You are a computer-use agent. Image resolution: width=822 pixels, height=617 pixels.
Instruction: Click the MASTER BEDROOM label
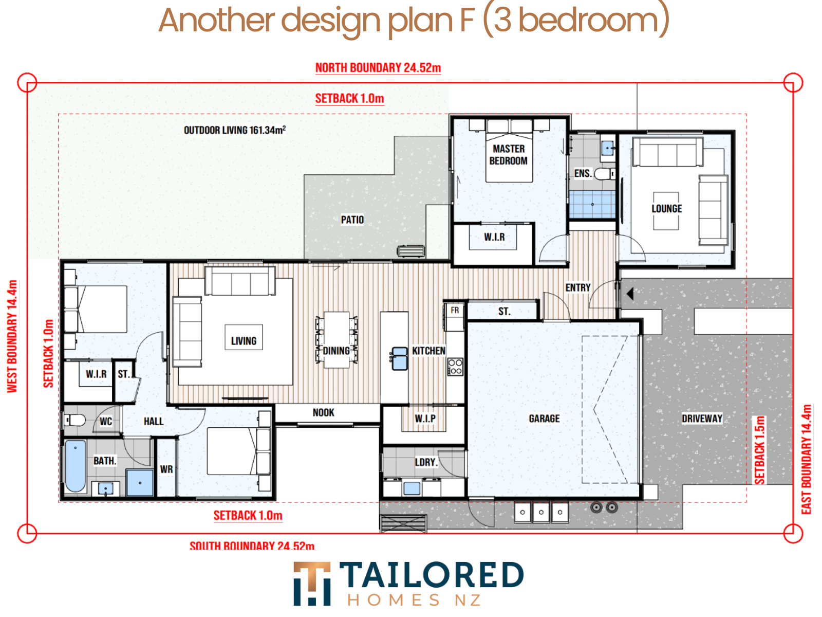(x=508, y=155)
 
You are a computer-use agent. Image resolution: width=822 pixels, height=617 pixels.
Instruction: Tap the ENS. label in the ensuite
(x=583, y=173)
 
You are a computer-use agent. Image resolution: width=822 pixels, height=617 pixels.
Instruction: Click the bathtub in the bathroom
(x=76, y=466)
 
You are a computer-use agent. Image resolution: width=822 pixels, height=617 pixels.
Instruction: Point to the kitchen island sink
(x=399, y=358)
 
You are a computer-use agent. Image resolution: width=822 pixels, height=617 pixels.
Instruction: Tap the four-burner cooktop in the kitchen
(x=455, y=367)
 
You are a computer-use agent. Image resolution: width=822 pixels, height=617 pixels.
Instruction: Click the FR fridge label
(x=455, y=310)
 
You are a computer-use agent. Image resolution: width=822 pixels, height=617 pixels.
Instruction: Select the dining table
(x=337, y=340)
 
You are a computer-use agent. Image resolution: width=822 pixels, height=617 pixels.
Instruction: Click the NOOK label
(x=323, y=412)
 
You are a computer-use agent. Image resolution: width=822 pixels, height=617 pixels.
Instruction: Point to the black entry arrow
(x=629, y=293)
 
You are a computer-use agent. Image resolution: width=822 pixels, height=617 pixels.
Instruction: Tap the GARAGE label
(x=544, y=419)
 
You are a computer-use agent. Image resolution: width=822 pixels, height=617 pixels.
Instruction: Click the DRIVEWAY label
(x=702, y=419)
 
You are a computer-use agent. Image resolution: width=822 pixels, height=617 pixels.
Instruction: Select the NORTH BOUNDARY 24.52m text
(x=378, y=68)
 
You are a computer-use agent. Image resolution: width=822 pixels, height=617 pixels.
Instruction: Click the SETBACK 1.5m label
(x=759, y=450)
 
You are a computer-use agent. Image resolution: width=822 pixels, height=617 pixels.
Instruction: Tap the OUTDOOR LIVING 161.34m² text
(x=234, y=130)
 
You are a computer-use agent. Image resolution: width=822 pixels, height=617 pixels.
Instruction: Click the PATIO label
(x=352, y=220)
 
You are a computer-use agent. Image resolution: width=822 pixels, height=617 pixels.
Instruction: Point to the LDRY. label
(x=426, y=462)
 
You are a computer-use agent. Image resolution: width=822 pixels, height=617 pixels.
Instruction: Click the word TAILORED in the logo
(x=432, y=575)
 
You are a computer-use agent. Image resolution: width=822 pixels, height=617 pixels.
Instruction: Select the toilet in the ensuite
(x=604, y=174)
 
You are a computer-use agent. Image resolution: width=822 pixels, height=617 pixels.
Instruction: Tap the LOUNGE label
(x=666, y=209)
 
